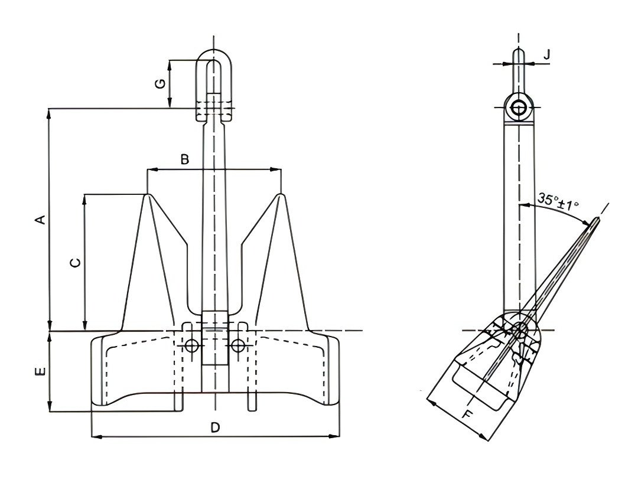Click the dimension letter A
point(40,220)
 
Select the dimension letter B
point(184,159)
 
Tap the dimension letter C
point(75,262)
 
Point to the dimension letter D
point(216,427)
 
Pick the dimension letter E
point(40,371)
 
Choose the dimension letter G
point(159,84)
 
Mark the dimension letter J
point(546,54)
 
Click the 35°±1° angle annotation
point(558,201)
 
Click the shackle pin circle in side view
point(519,108)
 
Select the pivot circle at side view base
point(520,331)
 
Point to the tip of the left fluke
point(147,194)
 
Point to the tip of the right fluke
point(281,194)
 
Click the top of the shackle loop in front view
point(214,50)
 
